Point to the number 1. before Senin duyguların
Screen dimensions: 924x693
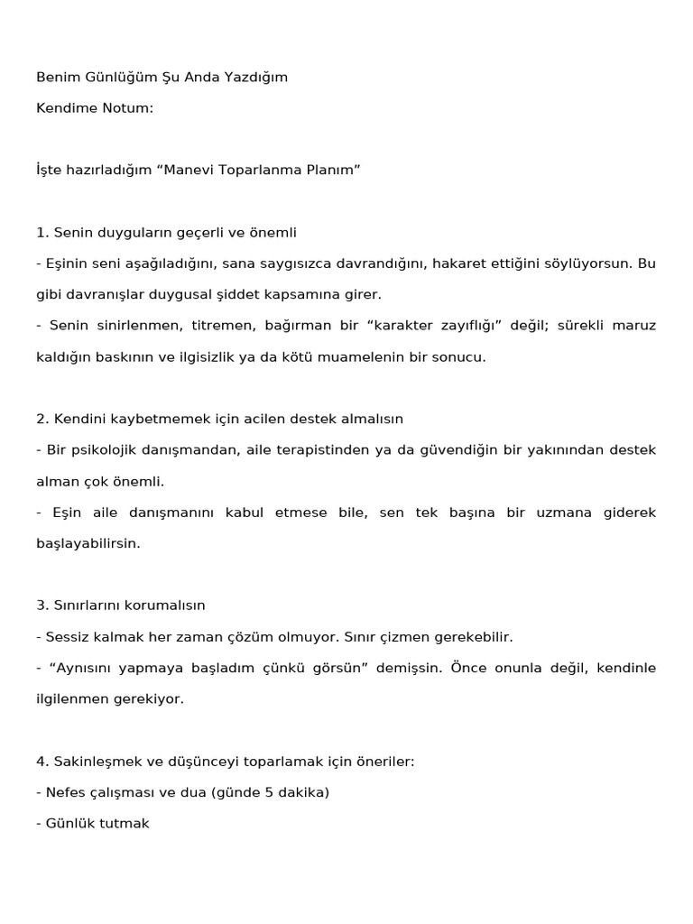click(x=42, y=232)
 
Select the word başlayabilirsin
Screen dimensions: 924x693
click(x=88, y=543)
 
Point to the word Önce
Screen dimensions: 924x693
click(x=467, y=668)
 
